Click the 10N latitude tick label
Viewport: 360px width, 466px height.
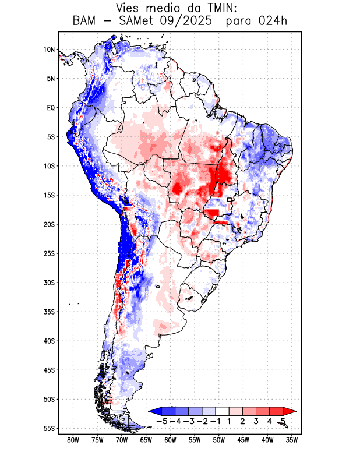(49, 50)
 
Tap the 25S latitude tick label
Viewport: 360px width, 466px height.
(49, 253)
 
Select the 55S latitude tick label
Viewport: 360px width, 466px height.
(49, 428)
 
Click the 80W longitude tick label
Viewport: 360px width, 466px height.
(73, 440)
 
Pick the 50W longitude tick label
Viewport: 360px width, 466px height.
(219, 440)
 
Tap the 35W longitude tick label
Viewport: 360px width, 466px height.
(292, 440)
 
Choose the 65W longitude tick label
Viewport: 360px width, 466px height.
(146, 440)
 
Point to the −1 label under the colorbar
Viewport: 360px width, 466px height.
(215, 421)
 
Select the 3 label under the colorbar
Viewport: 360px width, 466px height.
(256, 421)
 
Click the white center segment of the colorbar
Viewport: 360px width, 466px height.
(222, 411)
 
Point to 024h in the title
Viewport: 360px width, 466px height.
(273, 22)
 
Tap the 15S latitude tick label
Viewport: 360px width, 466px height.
(49, 195)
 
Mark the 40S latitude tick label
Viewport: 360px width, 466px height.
(49, 341)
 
